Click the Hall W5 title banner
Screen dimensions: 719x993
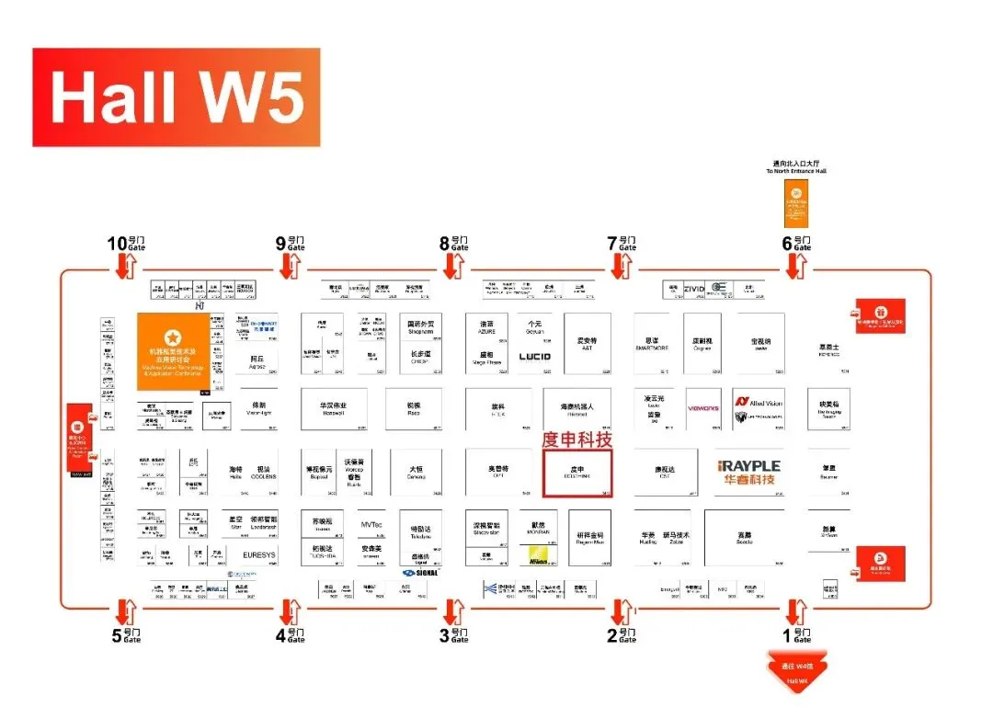[176, 97]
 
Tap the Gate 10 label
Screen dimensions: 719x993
[126, 244]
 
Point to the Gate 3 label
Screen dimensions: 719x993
[454, 634]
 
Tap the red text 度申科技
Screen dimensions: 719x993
[577, 439]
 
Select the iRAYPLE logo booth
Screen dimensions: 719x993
[748, 473]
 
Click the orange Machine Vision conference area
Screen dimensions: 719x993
[174, 350]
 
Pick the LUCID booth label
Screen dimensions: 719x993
[534, 357]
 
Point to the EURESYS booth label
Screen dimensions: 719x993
[258, 555]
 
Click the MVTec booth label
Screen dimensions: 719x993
[371, 525]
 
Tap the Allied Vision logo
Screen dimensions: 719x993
[759, 403]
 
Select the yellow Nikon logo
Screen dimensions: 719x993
[539, 555]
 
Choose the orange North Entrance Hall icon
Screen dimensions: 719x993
[796, 203]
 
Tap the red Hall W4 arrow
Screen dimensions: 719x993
[796, 671]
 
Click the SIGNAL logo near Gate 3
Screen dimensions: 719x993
[421, 572]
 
